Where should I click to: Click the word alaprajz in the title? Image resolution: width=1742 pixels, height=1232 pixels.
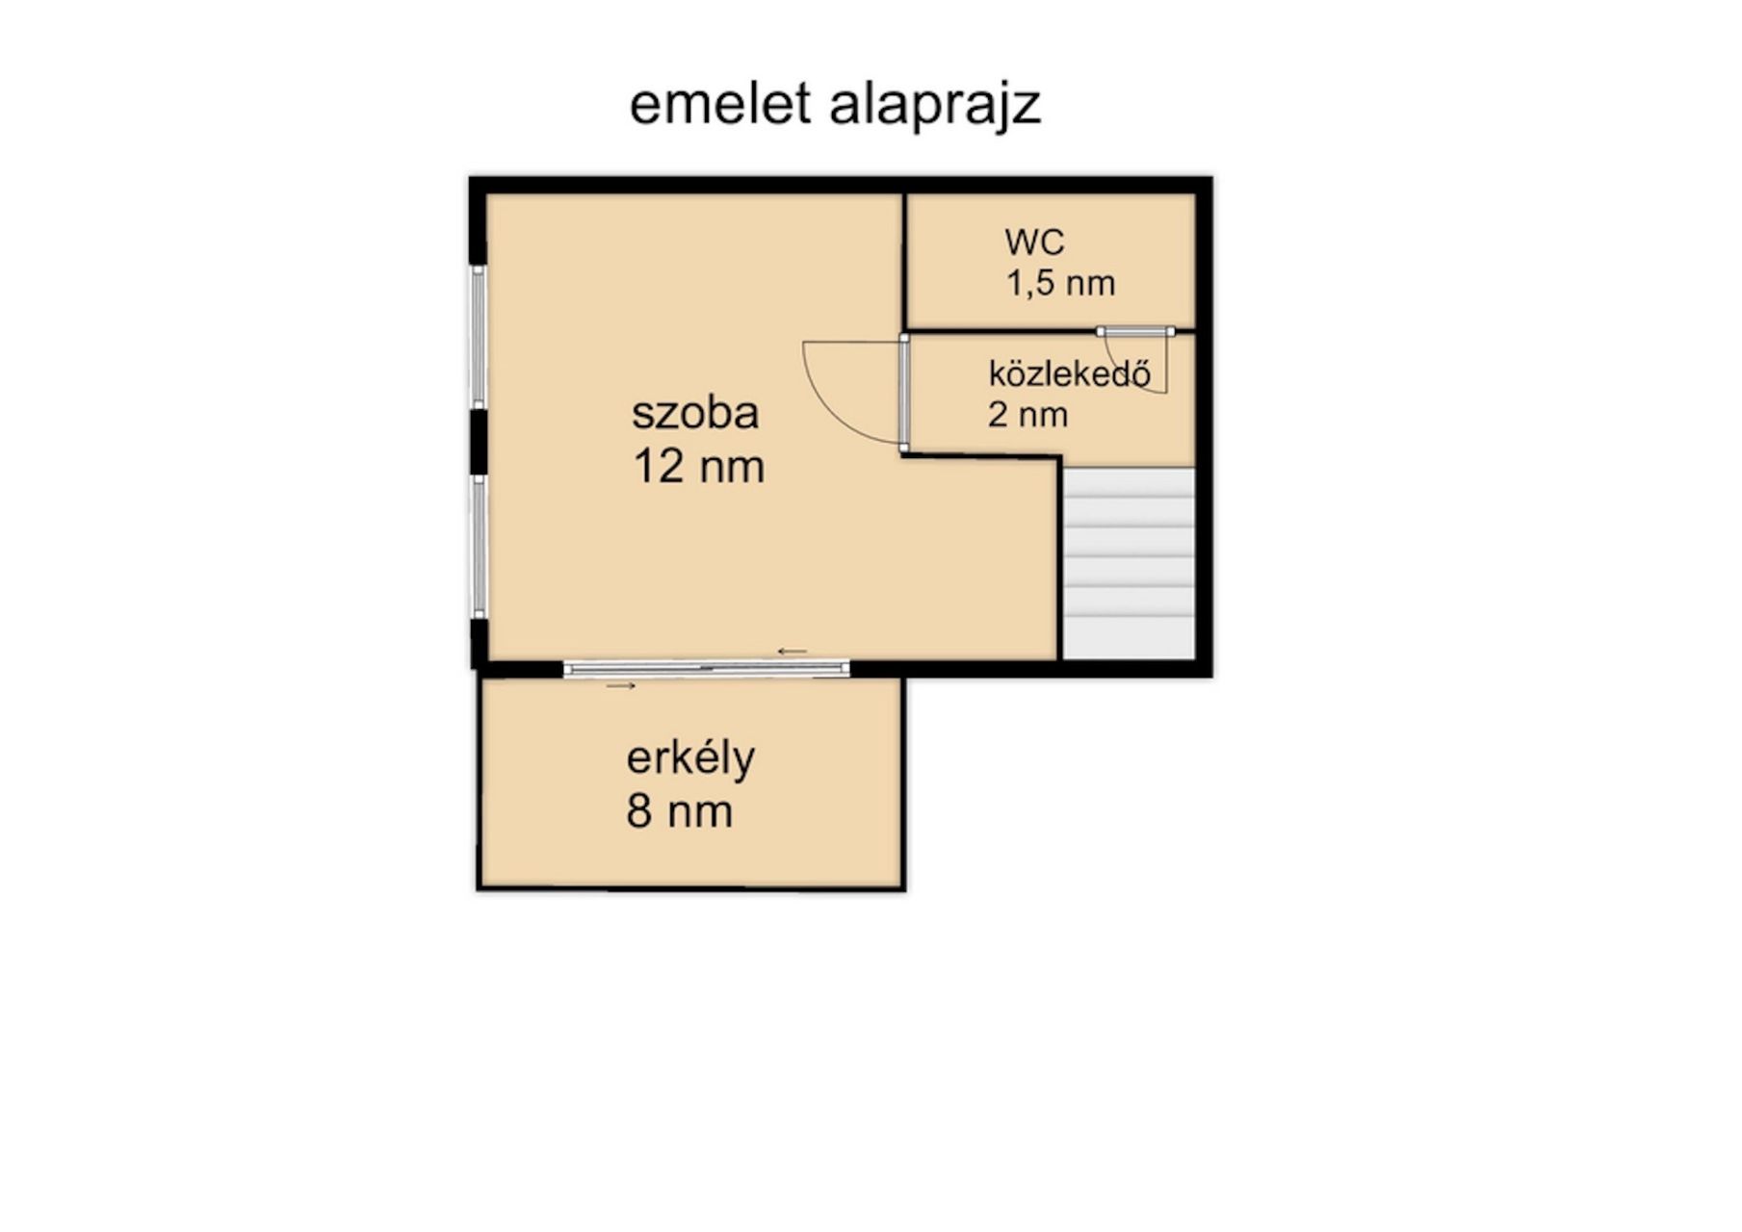(935, 107)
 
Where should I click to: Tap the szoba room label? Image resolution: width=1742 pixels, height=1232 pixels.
(695, 413)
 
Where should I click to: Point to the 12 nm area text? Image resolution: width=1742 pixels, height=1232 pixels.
(699, 467)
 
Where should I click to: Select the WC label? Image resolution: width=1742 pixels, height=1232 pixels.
(1034, 242)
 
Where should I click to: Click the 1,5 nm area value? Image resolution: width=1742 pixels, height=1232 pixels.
(1061, 284)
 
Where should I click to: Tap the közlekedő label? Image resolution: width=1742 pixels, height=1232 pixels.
(1070, 373)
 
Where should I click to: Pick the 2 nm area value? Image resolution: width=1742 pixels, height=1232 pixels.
(1027, 415)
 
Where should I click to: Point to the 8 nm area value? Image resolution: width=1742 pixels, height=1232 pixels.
(680, 811)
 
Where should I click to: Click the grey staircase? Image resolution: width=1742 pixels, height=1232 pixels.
(1129, 564)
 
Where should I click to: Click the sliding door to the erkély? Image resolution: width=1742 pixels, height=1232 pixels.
(706, 668)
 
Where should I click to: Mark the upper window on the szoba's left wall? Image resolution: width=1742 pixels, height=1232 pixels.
(478, 336)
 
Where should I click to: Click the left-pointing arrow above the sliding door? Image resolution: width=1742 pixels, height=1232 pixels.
(793, 652)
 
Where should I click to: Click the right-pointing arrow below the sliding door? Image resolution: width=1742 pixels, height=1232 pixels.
(621, 686)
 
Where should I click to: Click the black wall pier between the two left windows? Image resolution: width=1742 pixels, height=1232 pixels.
(478, 441)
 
